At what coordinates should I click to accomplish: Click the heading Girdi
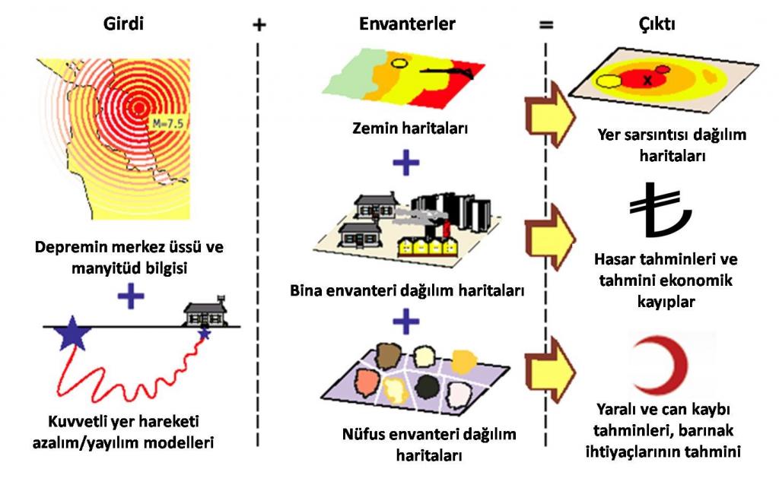click(122, 24)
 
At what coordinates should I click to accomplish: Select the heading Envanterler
click(407, 24)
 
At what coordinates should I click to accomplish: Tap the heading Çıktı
click(657, 24)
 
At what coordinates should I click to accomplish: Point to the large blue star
click(72, 334)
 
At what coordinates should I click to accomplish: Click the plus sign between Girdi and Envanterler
click(259, 24)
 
